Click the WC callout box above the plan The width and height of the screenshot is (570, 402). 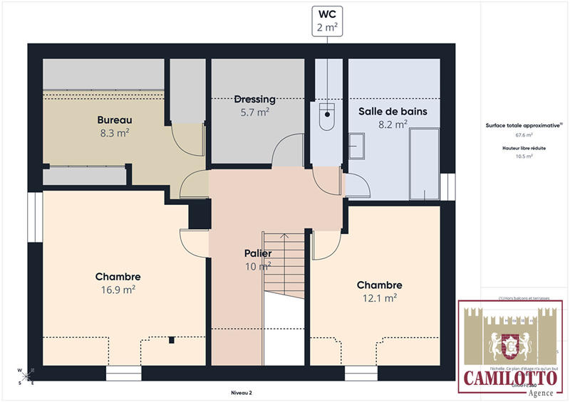[x=328, y=21]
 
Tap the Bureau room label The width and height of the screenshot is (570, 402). [x=115, y=120]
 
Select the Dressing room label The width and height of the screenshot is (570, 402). [x=255, y=99]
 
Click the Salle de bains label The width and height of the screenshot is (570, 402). [x=383, y=111]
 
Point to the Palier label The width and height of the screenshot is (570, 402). [x=258, y=253]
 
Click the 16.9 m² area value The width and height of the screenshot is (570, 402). [x=118, y=290]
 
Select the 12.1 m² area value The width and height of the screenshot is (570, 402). [x=379, y=298]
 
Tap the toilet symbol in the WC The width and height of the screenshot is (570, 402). [x=327, y=113]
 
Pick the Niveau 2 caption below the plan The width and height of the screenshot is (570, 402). [x=242, y=392]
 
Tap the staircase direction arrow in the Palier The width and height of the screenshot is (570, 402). [x=284, y=238]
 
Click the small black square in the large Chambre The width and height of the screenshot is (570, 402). [x=172, y=341]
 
